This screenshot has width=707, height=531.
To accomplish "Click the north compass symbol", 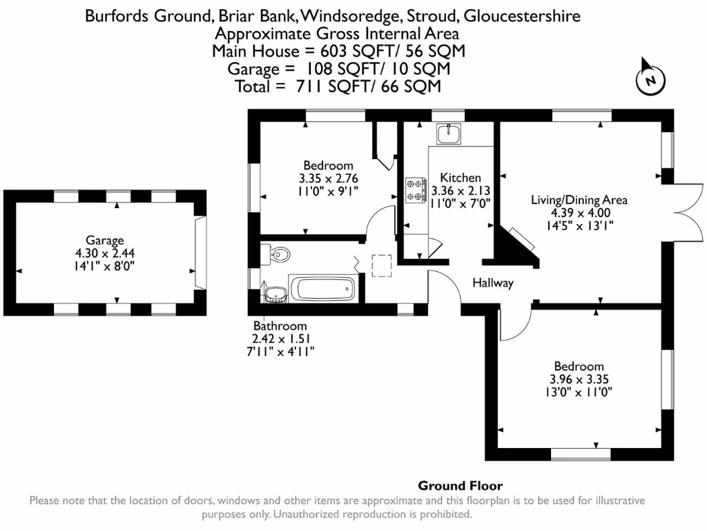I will pos(650,78).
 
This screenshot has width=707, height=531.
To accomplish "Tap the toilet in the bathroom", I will pos(278,254).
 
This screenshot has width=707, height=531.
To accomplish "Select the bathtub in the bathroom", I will pos(323,288).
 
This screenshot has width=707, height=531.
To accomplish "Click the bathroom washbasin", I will pos(275,295).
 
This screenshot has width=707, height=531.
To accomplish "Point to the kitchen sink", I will pos(449,133).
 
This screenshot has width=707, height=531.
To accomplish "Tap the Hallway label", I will pos(493,283).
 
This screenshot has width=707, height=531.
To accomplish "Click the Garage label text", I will pos(105,241).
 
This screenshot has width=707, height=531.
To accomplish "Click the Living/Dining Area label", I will pos(579,200).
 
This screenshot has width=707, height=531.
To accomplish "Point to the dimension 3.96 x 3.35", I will pos(579,379).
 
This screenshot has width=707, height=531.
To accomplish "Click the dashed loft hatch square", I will pos(382,265).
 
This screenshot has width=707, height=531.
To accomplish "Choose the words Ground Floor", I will pos(461,486).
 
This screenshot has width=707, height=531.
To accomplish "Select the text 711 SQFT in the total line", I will pos(327,86).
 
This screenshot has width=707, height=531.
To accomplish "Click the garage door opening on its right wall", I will pos(200,252).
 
